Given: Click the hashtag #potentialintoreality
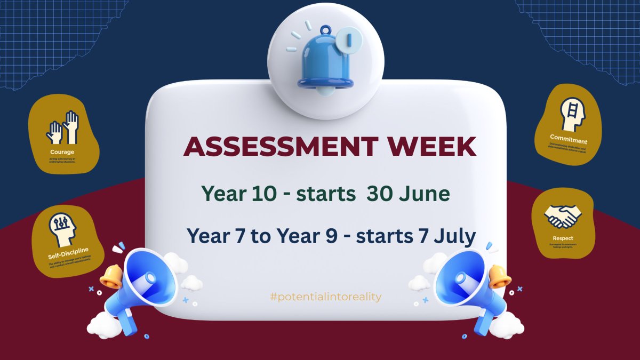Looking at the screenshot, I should coord(326,297).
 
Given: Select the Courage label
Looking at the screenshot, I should coord(63,152).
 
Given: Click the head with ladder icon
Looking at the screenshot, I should coord(572,114).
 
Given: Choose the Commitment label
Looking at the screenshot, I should coord(569,140).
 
